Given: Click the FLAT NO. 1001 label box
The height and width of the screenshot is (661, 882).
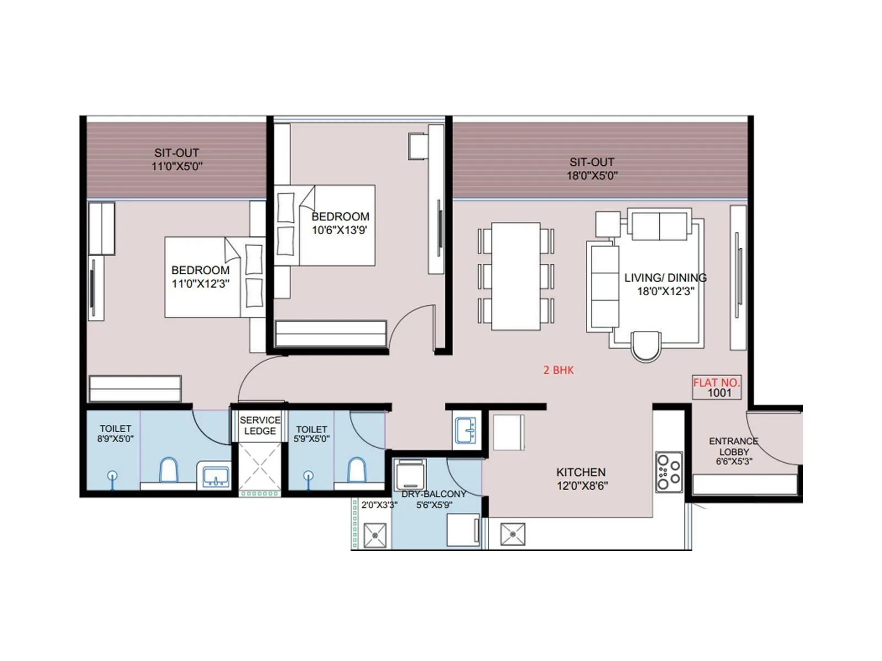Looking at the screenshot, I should click(x=717, y=388).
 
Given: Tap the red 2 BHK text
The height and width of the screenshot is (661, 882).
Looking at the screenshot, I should click(x=558, y=370).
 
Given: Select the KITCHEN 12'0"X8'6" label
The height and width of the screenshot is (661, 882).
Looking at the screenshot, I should click(x=581, y=479).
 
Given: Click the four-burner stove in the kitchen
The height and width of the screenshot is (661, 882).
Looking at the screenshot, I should click(x=669, y=472).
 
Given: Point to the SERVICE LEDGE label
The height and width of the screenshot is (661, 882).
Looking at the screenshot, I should click(x=260, y=425).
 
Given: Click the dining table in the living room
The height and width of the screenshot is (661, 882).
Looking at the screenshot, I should click(x=515, y=276).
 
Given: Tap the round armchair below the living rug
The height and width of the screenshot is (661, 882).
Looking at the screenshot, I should click(x=646, y=345).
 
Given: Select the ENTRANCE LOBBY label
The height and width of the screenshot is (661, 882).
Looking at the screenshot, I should click(x=734, y=451).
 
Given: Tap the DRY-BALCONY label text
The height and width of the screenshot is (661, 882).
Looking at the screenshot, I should click(x=434, y=494).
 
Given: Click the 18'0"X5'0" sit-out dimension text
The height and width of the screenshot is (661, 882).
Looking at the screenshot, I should click(x=592, y=176).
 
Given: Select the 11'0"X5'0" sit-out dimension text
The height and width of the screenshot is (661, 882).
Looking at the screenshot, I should click(x=177, y=166).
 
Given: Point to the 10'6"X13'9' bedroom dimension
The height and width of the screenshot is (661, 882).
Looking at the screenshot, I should click(x=339, y=230).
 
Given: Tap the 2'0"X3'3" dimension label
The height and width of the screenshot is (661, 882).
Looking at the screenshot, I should click(x=379, y=505).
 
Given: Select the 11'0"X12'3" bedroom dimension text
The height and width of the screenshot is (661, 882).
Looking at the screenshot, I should click(x=200, y=284).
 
